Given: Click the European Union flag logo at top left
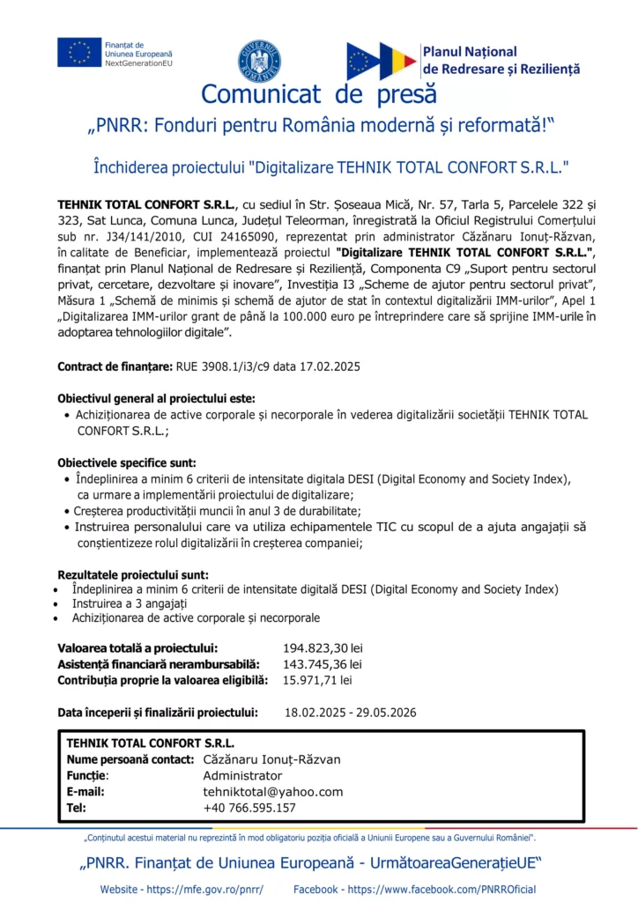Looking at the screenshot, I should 79,52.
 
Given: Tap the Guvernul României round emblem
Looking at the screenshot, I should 259,60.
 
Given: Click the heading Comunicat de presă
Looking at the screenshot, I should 318,92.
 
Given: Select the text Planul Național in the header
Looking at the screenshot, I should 470,52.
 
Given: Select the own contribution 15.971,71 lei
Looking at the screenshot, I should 316,680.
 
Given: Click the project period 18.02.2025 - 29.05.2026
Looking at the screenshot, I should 350,713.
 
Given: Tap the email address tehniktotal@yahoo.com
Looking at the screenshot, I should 272,791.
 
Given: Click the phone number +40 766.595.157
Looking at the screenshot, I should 249,807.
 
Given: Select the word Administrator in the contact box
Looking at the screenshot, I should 242,775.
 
